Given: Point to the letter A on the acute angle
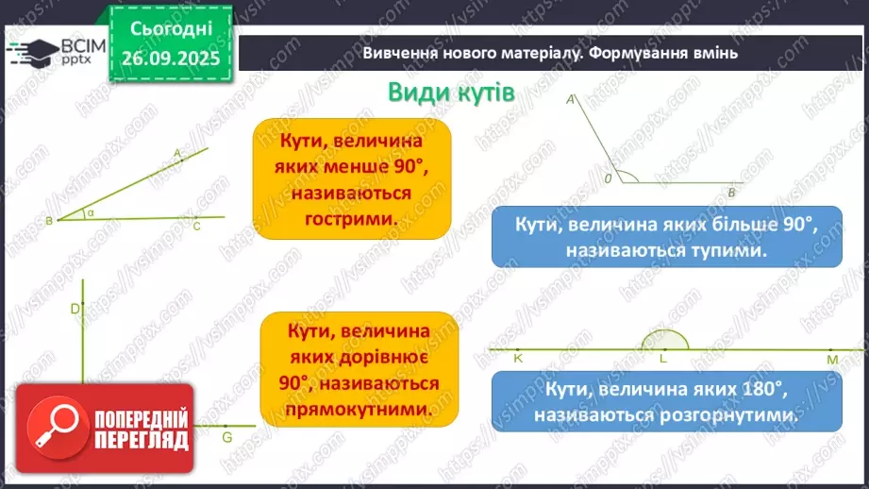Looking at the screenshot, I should click(x=177, y=152).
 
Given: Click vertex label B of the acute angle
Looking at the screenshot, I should click(x=48, y=221).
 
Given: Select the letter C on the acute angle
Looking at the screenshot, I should click(x=196, y=227).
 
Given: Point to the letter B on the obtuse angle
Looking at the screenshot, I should click(x=730, y=193).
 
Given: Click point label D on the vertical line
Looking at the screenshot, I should click(x=75, y=308).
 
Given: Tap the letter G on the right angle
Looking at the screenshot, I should click(x=226, y=438).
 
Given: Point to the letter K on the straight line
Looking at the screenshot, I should click(x=518, y=359).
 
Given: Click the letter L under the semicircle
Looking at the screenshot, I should click(x=663, y=359).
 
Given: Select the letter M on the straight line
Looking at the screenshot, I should click(x=832, y=360).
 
